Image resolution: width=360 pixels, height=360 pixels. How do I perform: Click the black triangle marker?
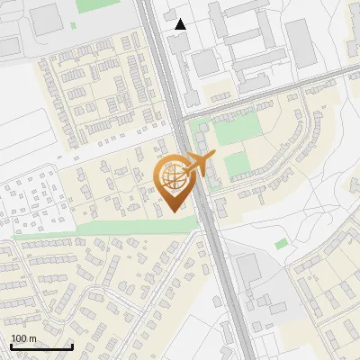coord(181,24)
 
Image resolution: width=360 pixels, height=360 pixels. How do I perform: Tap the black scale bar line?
coord(41,346)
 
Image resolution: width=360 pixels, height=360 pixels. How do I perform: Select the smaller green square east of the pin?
coord(236,165)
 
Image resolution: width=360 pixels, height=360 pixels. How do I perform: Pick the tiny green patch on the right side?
coord(282,243)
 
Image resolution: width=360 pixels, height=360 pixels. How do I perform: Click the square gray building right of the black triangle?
coord(204,62)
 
